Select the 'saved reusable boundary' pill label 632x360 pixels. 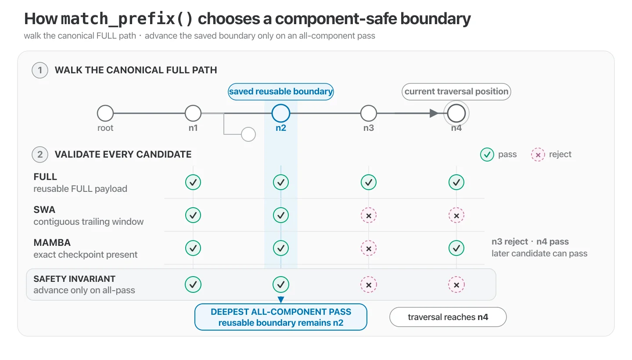[x=281, y=92]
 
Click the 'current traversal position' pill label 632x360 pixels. [x=456, y=92]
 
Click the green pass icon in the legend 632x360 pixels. [x=487, y=155]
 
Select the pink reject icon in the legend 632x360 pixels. [x=538, y=155]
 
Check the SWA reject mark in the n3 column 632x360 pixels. [x=369, y=216]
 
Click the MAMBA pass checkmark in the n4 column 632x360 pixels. [x=456, y=248]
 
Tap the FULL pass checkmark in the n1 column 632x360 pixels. [x=193, y=182]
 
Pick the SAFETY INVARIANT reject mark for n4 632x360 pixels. [x=456, y=284]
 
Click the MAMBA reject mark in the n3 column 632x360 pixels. [x=369, y=248]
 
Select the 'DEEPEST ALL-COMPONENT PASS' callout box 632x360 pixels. [x=281, y=317]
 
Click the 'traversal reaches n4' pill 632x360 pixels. [x=448, y=317]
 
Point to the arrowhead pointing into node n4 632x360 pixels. [x=434, y=113]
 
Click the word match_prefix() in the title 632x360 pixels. [x=127, y=19]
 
